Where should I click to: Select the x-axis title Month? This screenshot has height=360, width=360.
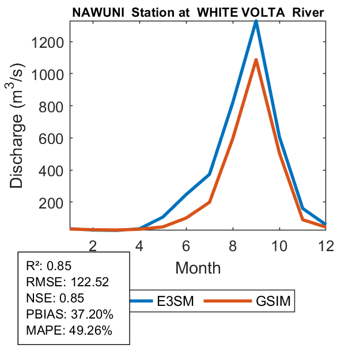pyautogui.click(x=198, y=267)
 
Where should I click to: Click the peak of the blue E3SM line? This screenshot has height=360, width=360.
pyautogui.click(x=256, y=22)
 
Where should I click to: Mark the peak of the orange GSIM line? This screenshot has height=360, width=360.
pyautogui.click(x=256, y=60)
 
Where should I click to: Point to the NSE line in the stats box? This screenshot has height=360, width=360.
pyautogui.click(x=55, y=298)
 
